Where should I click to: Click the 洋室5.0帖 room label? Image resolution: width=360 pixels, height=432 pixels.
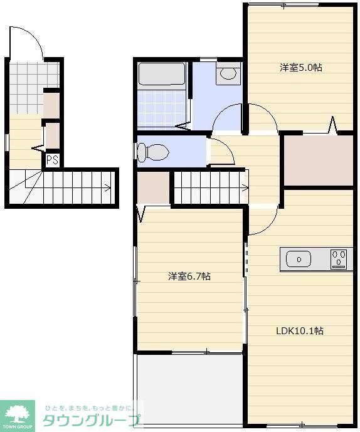[x=301, y=68]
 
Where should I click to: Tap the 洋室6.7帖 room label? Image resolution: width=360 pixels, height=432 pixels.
[x=189, y=276]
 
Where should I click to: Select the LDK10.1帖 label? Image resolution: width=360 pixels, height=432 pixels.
[x=300, y=330]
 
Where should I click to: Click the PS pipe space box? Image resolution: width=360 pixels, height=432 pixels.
[x=53, y=160]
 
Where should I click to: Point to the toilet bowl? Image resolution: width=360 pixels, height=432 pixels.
[x=153, y=152]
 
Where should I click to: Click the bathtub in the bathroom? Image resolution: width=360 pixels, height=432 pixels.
[x=162, y=74]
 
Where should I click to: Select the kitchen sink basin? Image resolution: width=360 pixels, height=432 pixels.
[x=299, y=259]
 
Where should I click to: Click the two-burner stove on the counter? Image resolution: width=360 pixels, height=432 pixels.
[x=339, y=259]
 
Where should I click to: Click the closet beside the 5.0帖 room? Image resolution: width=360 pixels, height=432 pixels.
[x=319, y=161]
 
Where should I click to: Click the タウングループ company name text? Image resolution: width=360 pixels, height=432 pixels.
[x=91, y=421]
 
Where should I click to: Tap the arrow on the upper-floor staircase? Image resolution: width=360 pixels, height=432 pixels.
[x=244, y=188]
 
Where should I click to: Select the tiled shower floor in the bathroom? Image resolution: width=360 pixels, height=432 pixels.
[x=162, y=109]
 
